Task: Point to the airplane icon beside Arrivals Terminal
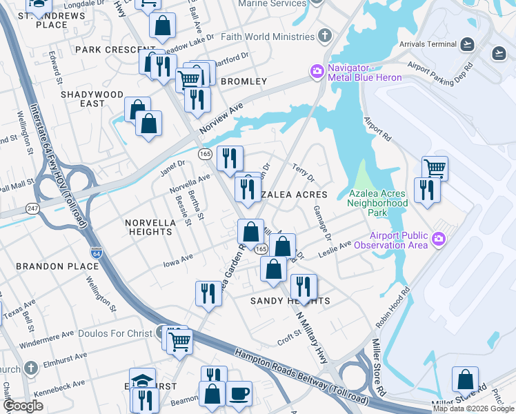tap(468, 45)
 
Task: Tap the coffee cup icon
tap(239, 393)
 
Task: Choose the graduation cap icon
tap(142, 379)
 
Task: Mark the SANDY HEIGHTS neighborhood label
tap(290, 301)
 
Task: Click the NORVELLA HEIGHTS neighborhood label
tap(148, 227)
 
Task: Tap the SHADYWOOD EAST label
tap(92, 99)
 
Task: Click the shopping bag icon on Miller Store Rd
tap(465, 379)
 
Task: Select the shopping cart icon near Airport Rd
tap(435, 168)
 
